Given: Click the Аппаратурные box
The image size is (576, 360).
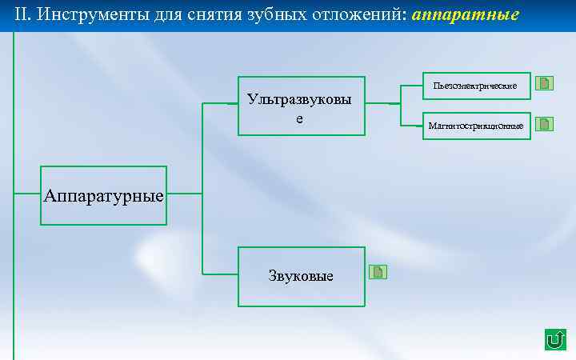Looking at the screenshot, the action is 104,195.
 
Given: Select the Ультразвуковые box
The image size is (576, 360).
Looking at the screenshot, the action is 302,106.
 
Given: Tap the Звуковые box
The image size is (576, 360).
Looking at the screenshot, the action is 302,277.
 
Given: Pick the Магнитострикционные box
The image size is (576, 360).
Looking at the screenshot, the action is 476,126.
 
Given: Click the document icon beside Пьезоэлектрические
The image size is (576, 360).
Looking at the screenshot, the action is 544,83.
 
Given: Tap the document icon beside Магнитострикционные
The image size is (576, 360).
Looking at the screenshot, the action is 544,124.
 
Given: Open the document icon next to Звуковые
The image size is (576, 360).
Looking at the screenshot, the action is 378,272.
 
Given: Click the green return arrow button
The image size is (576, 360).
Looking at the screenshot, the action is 554,339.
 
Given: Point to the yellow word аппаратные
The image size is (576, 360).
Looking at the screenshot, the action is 466,15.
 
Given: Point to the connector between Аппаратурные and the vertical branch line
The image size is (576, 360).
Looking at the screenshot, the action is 185,193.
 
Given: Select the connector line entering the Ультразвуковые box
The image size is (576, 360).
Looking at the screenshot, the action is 220,104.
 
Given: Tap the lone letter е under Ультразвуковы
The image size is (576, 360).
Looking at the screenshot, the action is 300,118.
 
